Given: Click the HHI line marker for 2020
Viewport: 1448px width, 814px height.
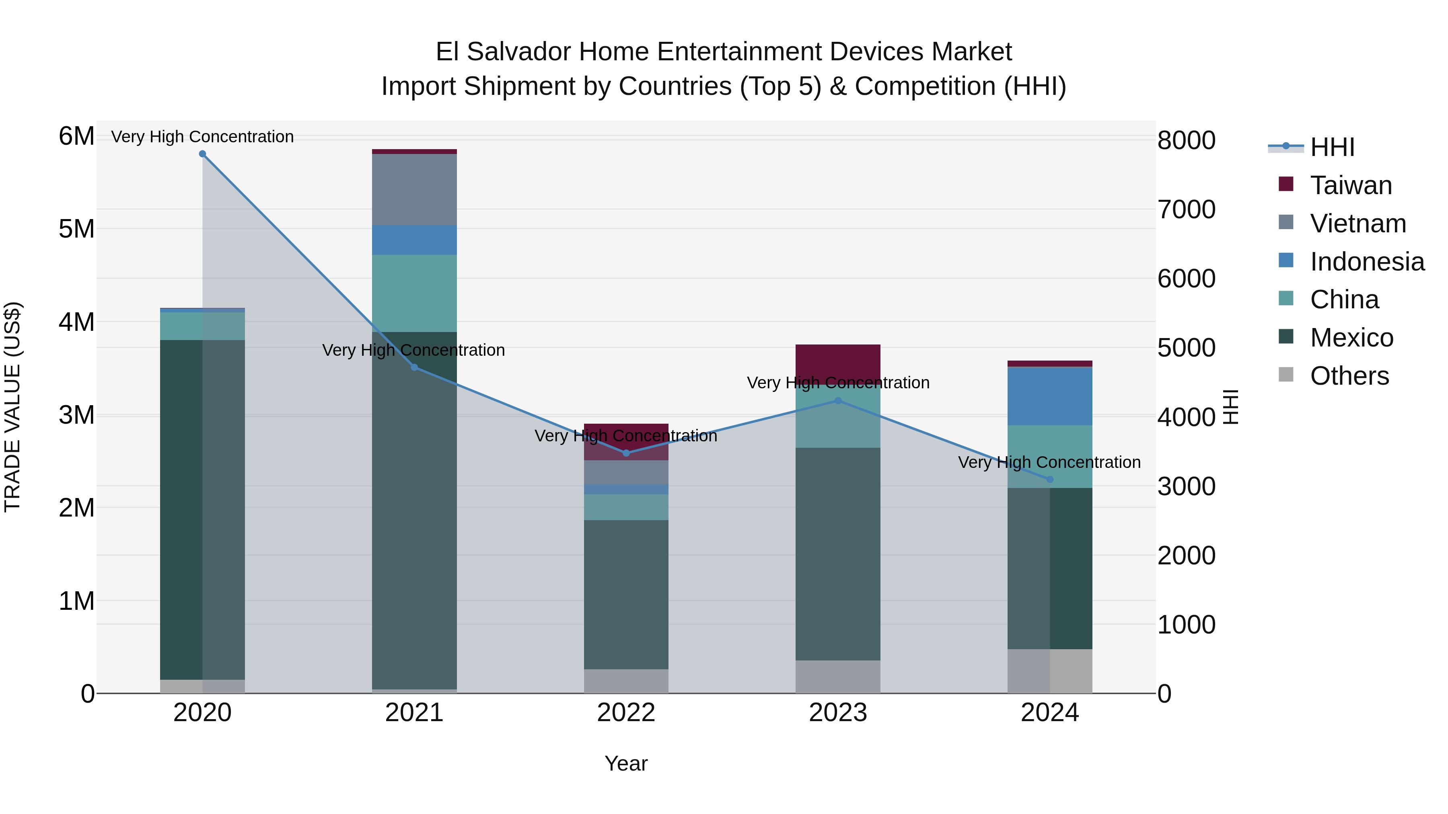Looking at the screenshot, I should coord(202,154).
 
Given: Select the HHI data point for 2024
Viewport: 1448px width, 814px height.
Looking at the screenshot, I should coord(1049,479).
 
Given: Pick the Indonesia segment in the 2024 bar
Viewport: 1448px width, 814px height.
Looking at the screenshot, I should coord(1049,396).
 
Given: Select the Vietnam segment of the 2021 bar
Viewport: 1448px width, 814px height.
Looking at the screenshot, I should coord(414,189).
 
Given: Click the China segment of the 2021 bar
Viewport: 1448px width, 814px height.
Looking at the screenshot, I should coord(414,293).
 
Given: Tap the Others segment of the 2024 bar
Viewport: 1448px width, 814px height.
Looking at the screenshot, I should coord(1049,671).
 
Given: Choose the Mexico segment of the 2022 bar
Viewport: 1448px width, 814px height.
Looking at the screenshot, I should coord(626,595).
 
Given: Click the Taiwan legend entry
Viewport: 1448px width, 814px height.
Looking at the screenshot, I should coord(1351,185).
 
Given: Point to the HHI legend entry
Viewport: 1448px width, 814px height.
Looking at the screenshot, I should coord(1332,147).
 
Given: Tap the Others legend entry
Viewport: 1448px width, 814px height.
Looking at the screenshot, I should coord(1349,376).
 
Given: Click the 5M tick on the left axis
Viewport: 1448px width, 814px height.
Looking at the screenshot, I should coord(76,229).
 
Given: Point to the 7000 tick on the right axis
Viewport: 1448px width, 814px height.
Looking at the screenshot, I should coord(1186,209).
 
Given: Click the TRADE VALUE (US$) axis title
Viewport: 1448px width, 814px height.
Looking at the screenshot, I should coord(12,407).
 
